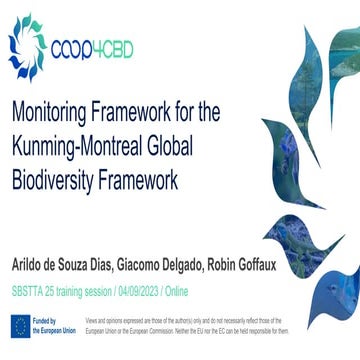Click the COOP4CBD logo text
[97, 47]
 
